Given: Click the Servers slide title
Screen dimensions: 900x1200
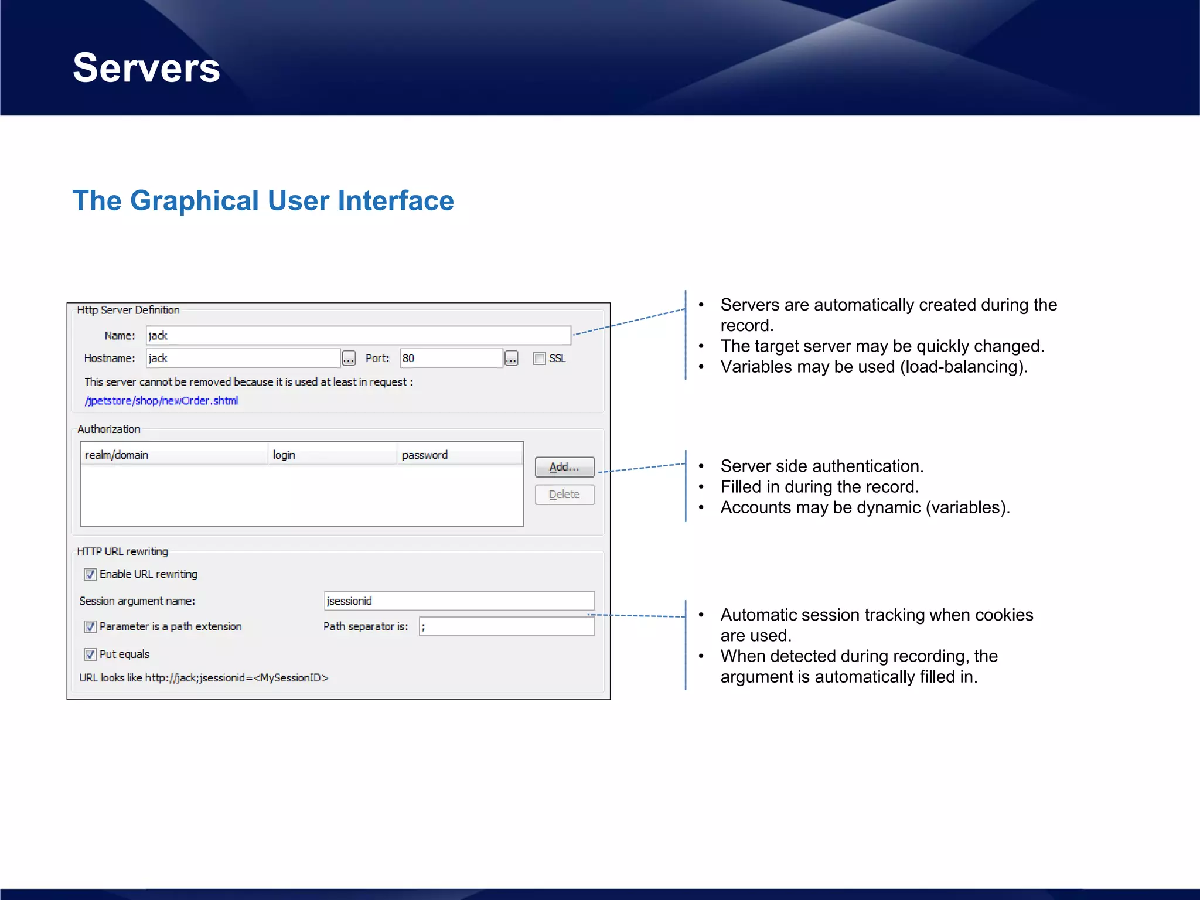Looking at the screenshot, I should point(146,68).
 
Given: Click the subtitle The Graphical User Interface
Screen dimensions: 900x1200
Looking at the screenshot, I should point(263,201).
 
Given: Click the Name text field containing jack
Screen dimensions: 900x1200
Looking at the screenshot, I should point(357,336).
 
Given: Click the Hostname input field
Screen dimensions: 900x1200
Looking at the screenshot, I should point(243,358).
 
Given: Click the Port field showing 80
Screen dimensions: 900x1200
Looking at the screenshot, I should point(451,358).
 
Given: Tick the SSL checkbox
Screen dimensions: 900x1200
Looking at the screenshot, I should point(539,359).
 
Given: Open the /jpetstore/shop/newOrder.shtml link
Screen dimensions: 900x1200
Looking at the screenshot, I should point(162,401).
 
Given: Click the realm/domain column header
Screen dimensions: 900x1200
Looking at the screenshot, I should point(173,455).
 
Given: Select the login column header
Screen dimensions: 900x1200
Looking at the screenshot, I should point(332,455).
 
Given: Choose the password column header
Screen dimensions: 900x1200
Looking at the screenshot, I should point(459,455).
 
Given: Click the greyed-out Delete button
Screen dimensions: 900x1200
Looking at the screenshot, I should point(564,495).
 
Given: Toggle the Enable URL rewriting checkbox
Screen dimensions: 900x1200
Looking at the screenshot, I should point(90,575).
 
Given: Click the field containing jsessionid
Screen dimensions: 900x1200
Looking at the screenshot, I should point(459,601).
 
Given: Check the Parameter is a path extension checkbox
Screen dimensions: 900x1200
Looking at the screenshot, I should point(90,627).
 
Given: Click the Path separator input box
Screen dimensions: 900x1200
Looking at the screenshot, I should point(506,626).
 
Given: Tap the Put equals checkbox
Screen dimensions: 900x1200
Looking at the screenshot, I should point(90,654).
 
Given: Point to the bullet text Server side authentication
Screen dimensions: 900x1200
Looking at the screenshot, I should point(821,466).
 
